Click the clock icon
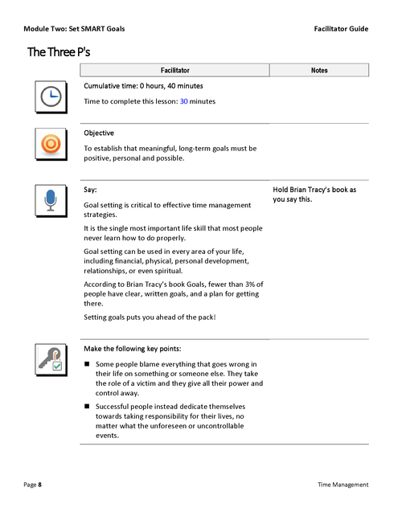[x=50, y=96]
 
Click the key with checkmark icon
[x=50, y=358]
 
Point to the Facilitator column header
[x=174, y=71]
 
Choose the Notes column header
[x=319, y=71]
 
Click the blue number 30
[x=183, y=101]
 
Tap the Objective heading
[x=99, y=133]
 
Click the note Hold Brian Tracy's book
[x=314, y=194]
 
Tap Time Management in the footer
[x=343, y=485]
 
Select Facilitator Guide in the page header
[x=341, y=29]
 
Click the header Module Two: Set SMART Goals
[x=74, y=29]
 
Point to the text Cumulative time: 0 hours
[x=143, y=86]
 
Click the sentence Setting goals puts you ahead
[x=150, y=317]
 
